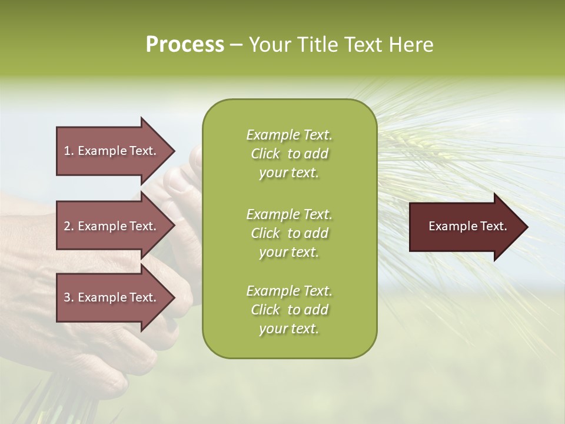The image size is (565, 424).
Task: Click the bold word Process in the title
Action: tap(185, 45)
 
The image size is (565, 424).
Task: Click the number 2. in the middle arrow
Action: tap(69, 226)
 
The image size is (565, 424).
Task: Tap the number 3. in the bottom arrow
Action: tap(69, 297)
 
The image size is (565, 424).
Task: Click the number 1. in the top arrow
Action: tap(69, 151)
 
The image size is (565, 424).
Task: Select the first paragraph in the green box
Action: tap(289, 154)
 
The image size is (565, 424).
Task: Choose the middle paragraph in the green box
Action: tap(289, 233)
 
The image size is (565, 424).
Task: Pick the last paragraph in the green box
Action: tap(289, 310)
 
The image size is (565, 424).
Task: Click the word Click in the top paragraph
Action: tap(265, 154)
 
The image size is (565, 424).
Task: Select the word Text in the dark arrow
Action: tap(494, 226)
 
